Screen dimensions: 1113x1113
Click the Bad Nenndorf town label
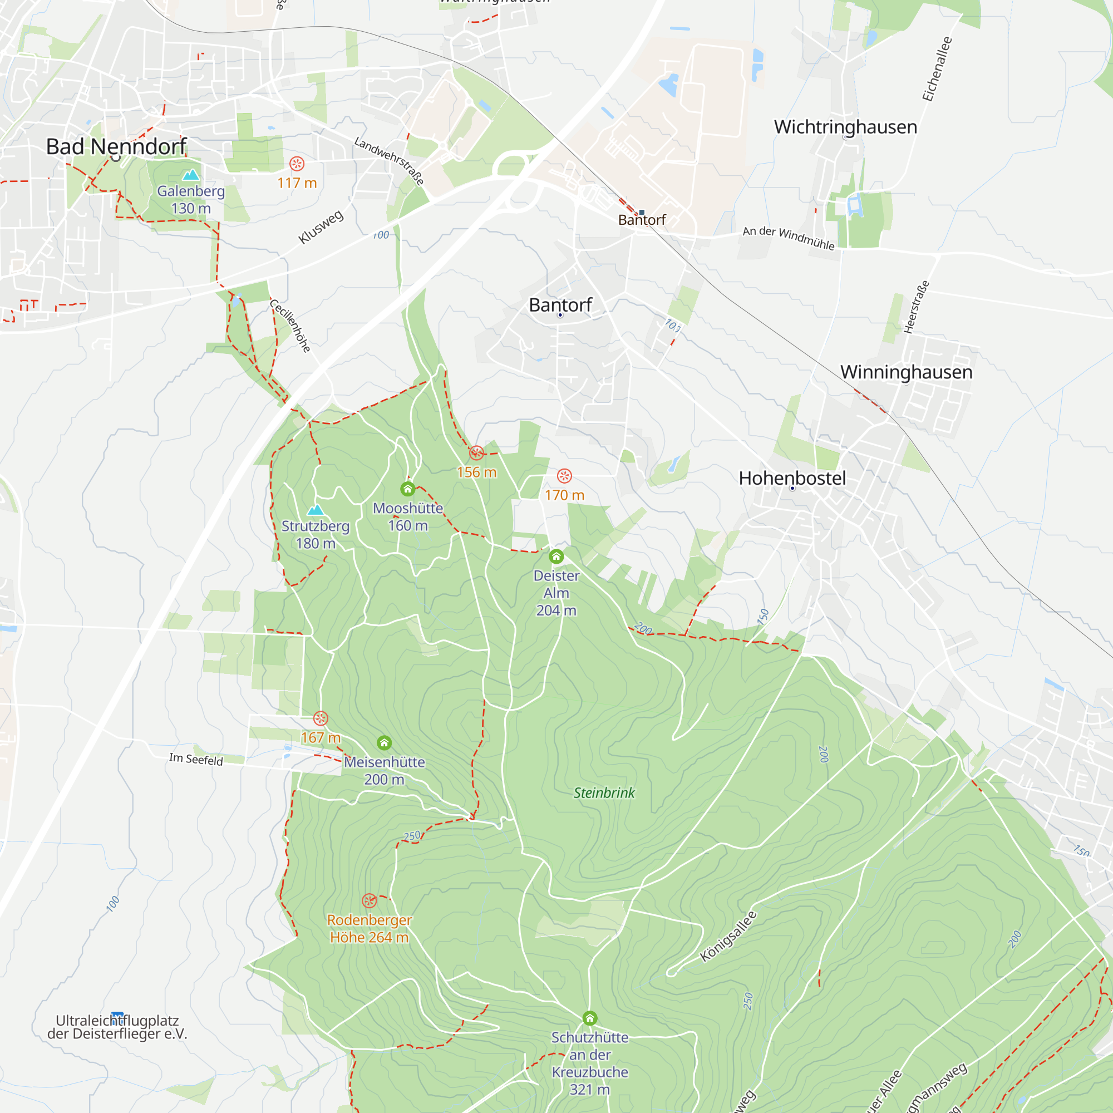(x=116, y=146)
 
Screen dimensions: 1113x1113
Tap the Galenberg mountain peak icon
(x=191, y=174)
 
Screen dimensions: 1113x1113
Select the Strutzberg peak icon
(x=315, y=509)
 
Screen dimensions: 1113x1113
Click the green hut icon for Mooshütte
(x=408, y=489)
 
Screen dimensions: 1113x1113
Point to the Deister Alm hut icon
(x=556, y=556)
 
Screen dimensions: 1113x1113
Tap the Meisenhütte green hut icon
(x=384, y=742)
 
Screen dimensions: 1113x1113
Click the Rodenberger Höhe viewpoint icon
(x=370, y=900)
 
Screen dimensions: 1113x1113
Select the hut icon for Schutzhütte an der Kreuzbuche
(x=589, y=1018)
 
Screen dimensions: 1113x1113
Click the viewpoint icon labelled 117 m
(x=297, y=164)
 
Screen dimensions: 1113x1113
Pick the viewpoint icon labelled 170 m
(x=564, y=476)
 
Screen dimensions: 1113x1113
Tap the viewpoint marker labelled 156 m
(x=476, y=452)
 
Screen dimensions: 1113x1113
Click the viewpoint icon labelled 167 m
(x=321, y=718)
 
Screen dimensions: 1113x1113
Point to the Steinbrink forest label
(x=604, y=792)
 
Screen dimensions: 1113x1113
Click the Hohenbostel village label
(x=792, y=477)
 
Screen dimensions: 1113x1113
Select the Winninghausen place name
(x=906, y=372)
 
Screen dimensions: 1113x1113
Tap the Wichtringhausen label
(x=845, y=127)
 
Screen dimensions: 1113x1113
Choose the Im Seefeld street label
(x=196, y=759)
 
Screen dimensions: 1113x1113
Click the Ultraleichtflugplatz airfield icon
(x=117, y=1016)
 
